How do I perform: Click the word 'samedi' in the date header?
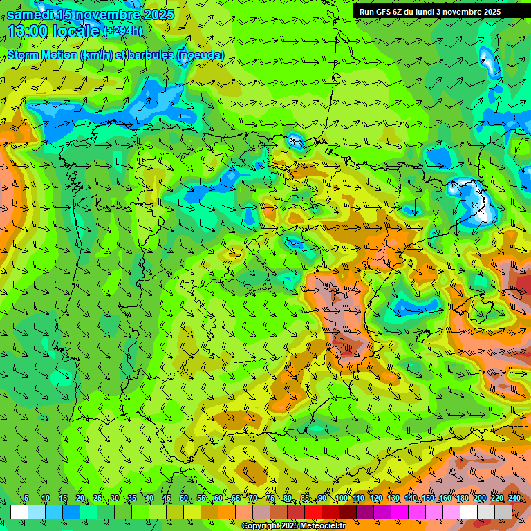coord(29,15)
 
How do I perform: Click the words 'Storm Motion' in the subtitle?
coord(41,55)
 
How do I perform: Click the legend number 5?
coord(26,499)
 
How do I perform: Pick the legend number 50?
coord(184,499)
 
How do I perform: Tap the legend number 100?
coord(341,499)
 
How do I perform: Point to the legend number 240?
coord(514,499)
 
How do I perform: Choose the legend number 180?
coord(462,499)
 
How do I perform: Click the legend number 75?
coord(270,499)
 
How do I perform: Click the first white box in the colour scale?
coord(19,512)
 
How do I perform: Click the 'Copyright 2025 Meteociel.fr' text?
coord(293,526)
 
